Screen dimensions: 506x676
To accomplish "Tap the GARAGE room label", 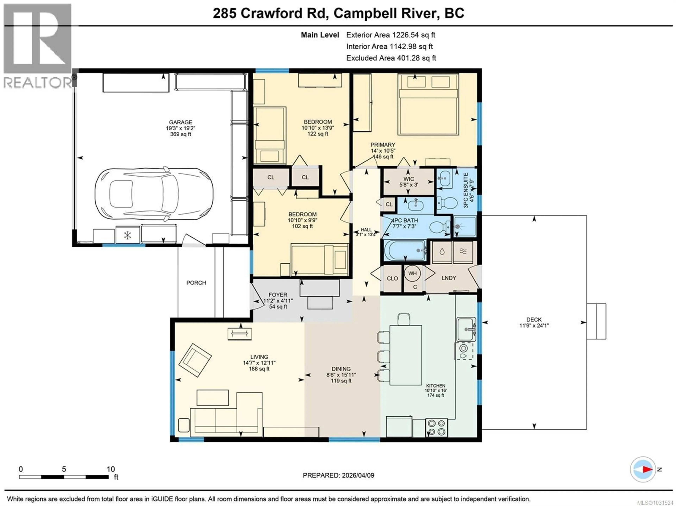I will coord(181,122).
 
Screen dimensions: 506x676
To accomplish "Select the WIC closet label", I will coord(409,179).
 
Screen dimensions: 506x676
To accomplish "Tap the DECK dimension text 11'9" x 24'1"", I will coord(534,326).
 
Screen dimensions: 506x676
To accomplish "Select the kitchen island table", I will coord(406,355).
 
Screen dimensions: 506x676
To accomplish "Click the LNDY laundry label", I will coord(449,278).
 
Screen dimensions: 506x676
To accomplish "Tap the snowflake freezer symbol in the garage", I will coord(127,235).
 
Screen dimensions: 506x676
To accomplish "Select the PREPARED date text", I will coord(338,475).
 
